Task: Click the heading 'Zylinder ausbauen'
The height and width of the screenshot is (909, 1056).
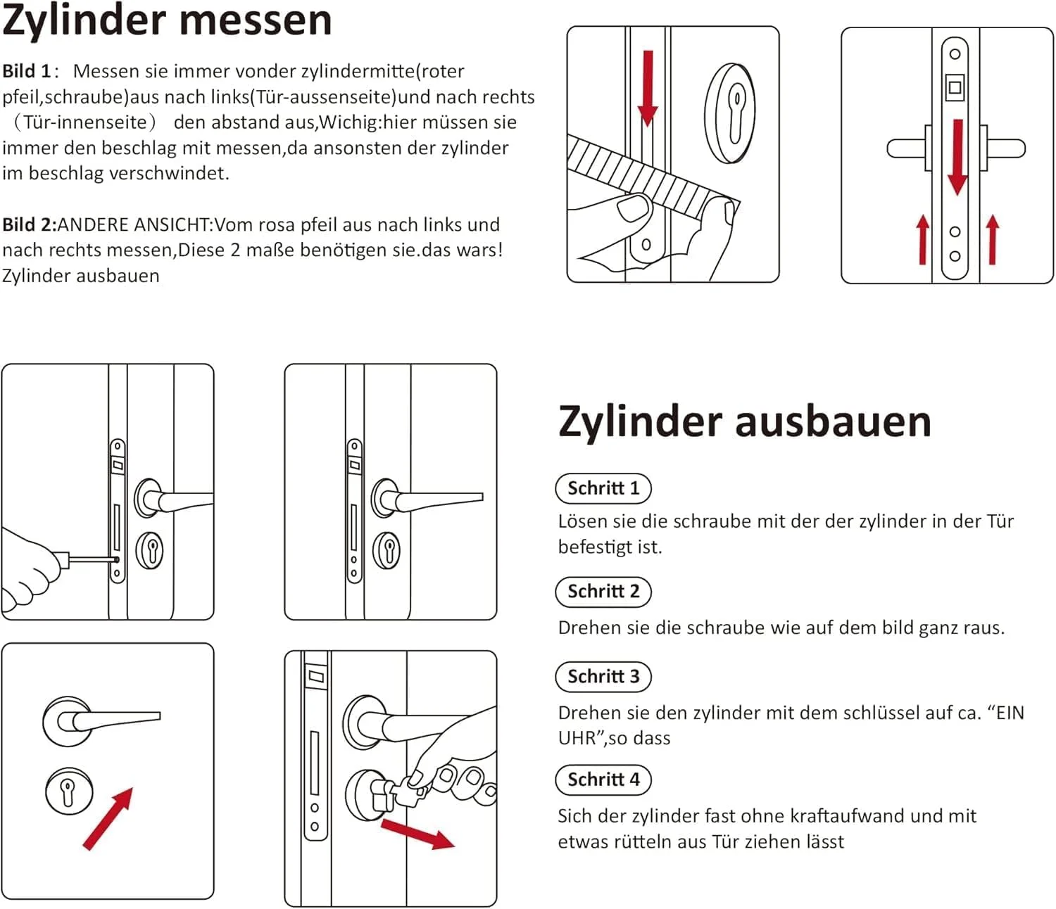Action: (744, 421)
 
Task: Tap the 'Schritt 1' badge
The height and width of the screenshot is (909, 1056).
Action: (603, 488)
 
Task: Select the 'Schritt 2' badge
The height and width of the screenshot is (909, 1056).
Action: (603, 592)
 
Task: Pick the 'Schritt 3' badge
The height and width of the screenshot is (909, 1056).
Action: (603, 677)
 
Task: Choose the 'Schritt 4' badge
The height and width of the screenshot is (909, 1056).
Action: (603, 780)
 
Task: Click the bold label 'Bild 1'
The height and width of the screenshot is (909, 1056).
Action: (27, 71)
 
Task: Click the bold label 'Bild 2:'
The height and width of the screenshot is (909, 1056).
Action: (29, 224)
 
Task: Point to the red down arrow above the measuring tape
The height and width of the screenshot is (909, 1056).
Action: (648, 88)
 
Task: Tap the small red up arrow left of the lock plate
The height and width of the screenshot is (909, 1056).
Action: (923, 240)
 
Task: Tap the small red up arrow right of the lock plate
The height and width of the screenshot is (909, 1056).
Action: (993, 240)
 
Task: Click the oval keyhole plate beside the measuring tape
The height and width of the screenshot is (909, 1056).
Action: (730, 114)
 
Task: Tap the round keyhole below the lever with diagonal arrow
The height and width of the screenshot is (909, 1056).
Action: (69, 791)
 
